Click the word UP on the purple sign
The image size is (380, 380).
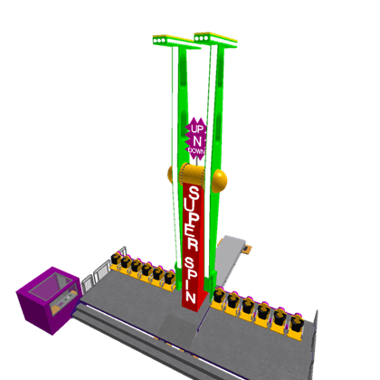(196, 129)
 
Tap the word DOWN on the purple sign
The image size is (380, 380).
(196, 150)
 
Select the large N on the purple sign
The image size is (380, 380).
(197, 141)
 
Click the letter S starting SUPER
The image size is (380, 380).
(194, 194)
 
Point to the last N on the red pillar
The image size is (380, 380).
(191, 296)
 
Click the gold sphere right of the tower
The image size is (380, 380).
(219, 181)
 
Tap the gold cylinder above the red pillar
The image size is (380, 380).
(192, 174)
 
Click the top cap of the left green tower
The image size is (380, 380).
(176, 42)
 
